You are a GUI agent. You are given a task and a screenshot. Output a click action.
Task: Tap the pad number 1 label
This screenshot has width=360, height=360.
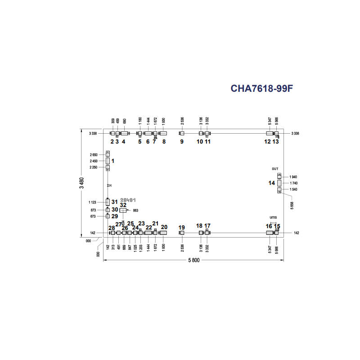coord(113,161)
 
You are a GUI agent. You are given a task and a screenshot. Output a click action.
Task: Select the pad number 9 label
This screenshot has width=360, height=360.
coord(182,142)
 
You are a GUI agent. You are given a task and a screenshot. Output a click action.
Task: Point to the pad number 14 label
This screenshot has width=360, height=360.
coord(271,183)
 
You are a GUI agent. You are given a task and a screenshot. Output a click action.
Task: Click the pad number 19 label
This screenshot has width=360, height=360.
coord(182,227)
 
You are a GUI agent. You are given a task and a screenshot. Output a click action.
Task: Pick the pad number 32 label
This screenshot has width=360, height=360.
coord(123,205)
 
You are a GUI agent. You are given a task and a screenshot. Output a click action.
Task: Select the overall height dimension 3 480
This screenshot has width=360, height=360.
coord(82,183)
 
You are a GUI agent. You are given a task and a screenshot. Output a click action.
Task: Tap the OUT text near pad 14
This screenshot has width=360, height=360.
coord(275,169)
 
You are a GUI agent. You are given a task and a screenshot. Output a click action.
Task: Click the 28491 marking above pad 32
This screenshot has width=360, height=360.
coord(128,199)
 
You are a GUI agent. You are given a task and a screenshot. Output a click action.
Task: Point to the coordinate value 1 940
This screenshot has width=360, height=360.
coord(293,177)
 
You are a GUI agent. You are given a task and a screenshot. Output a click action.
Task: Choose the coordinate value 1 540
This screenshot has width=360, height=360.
coord(293,189)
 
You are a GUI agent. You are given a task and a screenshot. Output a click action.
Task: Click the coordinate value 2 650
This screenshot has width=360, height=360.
coord(93,154)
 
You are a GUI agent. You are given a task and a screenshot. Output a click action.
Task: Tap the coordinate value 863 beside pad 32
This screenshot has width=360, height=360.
coord(135,210)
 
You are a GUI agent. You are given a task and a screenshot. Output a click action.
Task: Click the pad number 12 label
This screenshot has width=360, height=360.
coord(267,142)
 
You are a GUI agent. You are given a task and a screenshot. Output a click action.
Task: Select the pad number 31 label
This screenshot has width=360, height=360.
coord(114,202)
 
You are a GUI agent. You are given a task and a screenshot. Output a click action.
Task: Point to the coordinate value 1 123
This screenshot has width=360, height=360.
coord(93,202)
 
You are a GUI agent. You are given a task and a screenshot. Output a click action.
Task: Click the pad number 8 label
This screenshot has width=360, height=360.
coord(164,142)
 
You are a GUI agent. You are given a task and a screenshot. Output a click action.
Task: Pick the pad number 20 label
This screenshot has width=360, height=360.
coord(164,227)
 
